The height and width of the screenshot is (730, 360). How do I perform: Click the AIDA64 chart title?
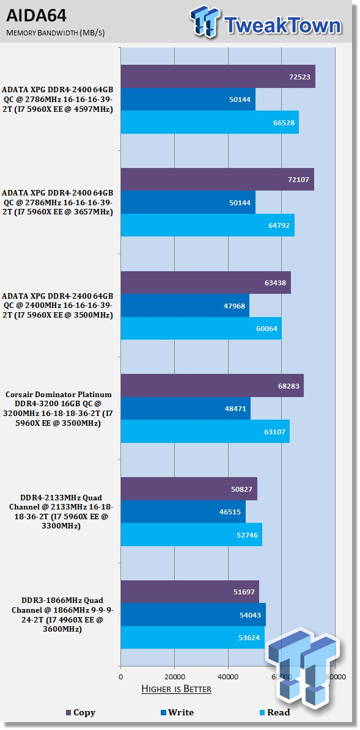36,16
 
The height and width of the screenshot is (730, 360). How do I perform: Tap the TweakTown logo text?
283,24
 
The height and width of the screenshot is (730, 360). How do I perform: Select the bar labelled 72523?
218,76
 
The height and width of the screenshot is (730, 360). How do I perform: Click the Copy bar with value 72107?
218,179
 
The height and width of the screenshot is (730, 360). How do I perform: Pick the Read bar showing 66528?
210,122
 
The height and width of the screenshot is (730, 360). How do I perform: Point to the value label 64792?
279,225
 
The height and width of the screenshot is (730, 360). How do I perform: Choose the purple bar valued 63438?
206,283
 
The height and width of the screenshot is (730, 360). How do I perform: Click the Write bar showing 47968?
185,305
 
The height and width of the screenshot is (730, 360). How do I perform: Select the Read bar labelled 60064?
201,328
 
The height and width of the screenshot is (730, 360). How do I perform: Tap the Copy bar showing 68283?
212,385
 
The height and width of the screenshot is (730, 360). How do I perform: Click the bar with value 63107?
205,431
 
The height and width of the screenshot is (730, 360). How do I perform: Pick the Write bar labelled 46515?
183,511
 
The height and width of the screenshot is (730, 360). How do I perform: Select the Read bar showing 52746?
191,534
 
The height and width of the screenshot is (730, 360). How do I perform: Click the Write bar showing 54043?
193,615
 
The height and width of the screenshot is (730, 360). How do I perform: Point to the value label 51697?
244,592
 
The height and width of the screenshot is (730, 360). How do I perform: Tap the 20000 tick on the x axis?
174,676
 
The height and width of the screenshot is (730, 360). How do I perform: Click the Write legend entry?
177,712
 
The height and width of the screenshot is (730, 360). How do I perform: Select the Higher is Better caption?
176,688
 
